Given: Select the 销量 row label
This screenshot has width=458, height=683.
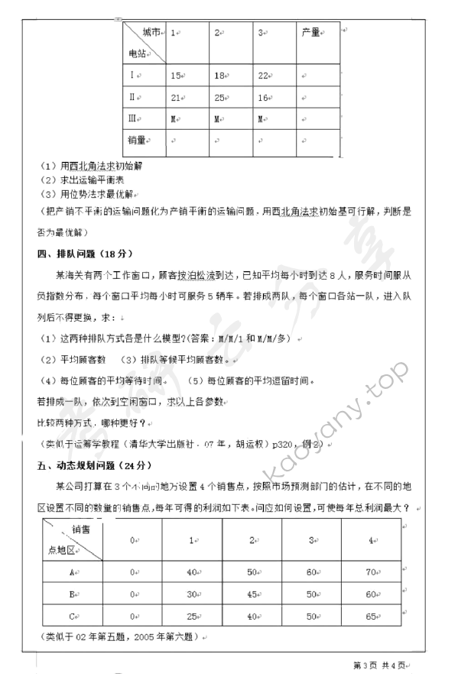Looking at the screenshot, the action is pyautogui.click(x=138, y=141).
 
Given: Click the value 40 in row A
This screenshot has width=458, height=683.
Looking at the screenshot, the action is pyautogui.click(x=191, y=571).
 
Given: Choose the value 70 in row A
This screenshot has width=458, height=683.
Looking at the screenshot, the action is pyautogui.click(x=371, y=571).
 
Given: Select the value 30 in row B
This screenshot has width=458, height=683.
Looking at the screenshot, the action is pyautogui.click(x=191, y=593).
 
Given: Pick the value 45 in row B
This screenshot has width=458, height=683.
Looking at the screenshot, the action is pyautogui.click(x=252, y=593).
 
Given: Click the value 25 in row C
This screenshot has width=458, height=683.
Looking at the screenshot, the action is pyautogui.click(x=191, y=615).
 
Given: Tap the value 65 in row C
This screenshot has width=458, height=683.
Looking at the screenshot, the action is pyautogui.click(x=371, y=615).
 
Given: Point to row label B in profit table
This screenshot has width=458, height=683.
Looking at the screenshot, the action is pyautogui.click(x=71, y=593).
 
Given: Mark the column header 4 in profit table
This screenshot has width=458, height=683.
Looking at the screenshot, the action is pyautogui.click(x=371, y=539).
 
